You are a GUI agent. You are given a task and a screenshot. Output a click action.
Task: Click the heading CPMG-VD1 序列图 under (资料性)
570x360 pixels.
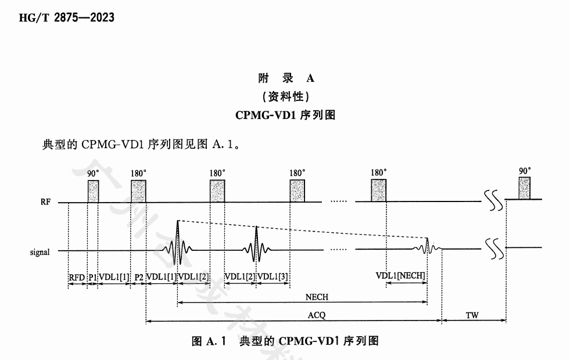click(x=285, y=114)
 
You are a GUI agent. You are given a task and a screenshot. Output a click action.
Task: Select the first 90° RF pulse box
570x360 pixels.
click(x=94, y=191)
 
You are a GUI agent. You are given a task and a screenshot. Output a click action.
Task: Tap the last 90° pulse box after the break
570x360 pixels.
click(x=525, y=188)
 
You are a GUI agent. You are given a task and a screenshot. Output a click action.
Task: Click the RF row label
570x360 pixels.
click(x=45, y=203)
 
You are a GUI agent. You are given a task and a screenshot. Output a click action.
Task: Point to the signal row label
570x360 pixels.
click(x=40, y=252)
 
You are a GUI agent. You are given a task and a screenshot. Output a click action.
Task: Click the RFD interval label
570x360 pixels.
click(x=77, y=277)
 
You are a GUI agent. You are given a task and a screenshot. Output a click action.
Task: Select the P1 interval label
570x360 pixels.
click(x=92, y=277)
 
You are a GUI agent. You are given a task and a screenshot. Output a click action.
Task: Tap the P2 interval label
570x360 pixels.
click(x=139, y=277)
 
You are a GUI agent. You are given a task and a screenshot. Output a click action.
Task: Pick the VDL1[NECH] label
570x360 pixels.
click(x=401, y=275)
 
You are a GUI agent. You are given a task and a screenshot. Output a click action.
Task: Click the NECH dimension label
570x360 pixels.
click(x=317, y=297)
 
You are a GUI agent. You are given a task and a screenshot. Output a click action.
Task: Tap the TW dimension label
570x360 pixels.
click(x=472, y=314)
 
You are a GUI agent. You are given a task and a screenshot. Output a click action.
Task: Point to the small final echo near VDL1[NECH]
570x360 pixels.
click(x=427, y=246)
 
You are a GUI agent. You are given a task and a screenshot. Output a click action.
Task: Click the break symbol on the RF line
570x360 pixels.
click(x=492, y=201)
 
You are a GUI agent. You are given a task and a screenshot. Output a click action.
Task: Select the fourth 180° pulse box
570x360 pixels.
click(x=378, y=191)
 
